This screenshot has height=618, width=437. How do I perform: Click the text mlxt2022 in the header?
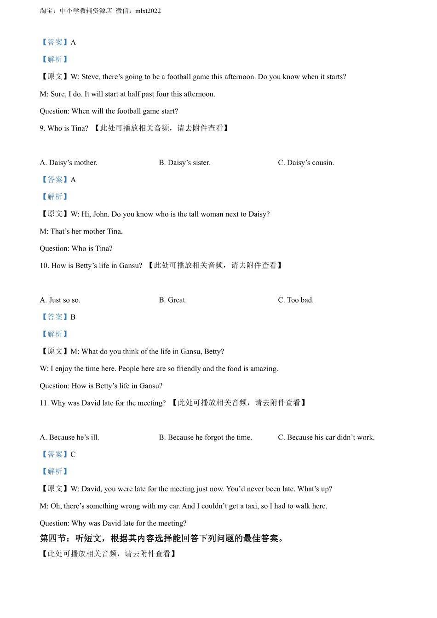click(148, 11)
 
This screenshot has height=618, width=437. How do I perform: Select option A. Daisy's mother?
click(69, 163)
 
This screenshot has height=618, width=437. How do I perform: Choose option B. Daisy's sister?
click(184, 163)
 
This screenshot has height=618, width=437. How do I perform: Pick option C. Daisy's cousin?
click(306, 163)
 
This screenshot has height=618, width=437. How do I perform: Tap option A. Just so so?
click(60, 300)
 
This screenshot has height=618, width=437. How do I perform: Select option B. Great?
click(173, 300)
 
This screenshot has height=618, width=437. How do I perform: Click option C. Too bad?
click(296, 300)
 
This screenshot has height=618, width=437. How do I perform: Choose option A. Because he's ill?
click(69, 438)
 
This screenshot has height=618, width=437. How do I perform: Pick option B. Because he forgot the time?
click(205, 438)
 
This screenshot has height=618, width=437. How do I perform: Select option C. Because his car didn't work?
click(326, 438)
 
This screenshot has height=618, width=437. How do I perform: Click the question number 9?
click(42, 128)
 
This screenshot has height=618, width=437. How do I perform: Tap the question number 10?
click(44, 266)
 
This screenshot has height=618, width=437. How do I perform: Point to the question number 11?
click(44, 403)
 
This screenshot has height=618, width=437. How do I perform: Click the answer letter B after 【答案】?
click(73, 317)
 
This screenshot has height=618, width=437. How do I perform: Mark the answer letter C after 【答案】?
click(73, 455)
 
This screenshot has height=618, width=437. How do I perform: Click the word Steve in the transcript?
click(90, 77)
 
